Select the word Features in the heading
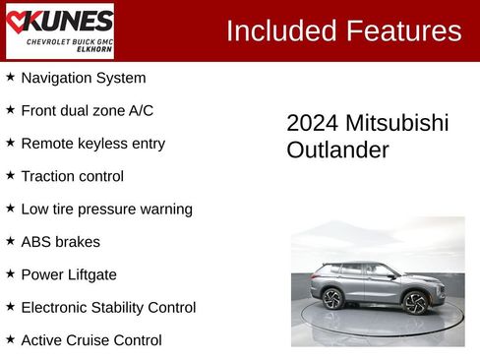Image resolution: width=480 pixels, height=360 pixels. click(402, 30)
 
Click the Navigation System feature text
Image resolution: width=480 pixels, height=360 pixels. click(83, 78)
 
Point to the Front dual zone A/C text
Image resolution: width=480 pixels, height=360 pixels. click(87, 110)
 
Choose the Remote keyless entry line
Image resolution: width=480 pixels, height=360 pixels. click(92, 143)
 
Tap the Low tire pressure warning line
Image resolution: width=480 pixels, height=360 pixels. click(106, 209)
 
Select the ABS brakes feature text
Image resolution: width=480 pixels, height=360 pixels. click(60, 241)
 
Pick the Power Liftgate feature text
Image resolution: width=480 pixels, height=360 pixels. click(69, 274)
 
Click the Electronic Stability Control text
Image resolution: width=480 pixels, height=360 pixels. click(108, 307)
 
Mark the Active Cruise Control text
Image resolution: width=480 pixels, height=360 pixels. click(90, 340)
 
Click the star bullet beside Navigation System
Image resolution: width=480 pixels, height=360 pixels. click(11, 77)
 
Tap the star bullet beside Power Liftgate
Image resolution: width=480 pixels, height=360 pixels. click(11, 273)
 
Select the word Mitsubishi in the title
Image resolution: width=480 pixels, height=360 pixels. click(396, 123)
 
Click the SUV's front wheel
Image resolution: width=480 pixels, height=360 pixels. click(416, 303)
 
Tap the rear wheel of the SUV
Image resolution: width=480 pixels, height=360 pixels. click(332, 298)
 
